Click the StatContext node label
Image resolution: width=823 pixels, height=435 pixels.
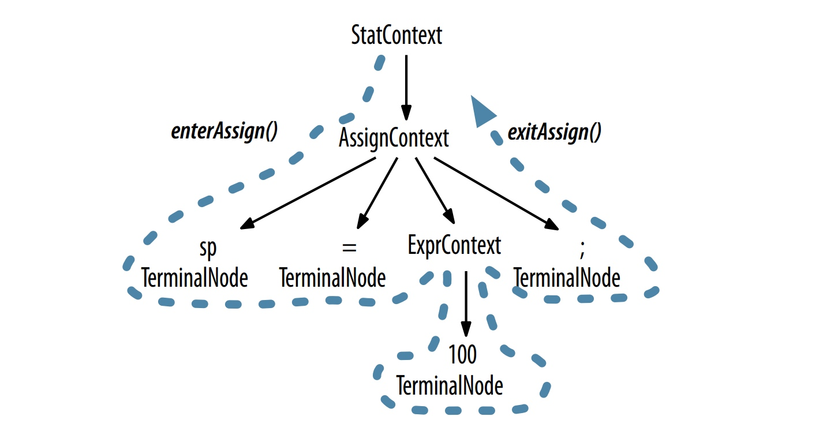[396, 36]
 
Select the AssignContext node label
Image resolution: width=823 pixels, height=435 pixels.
[394, 138]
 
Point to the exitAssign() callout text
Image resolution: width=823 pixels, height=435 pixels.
[554, 133]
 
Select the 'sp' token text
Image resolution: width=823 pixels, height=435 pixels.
[208, 248]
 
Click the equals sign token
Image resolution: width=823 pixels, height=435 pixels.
[349, 247]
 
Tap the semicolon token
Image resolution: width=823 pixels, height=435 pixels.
[582, 249]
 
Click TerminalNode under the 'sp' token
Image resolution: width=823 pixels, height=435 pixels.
[194, 279]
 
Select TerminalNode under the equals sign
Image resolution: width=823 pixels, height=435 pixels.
[332, 279]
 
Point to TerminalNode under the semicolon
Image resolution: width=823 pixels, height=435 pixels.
[567, 279]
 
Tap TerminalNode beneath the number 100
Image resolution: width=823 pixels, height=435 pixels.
[450, 385]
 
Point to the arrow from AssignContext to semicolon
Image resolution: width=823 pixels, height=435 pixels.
[496, 193]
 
